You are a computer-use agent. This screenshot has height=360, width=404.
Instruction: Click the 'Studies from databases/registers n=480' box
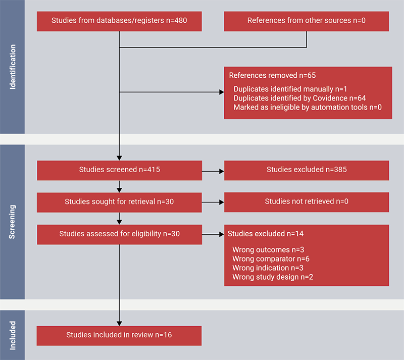(119, 21)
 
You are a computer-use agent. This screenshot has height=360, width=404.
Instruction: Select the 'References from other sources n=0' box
(307, 21)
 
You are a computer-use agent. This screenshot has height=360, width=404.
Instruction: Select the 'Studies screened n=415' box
(119, 170)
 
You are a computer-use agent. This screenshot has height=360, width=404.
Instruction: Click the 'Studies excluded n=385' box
(307, 170)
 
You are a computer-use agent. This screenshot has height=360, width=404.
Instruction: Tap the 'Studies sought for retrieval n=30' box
(119, 201)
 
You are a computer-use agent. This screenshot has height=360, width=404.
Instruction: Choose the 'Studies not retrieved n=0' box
(307, 201)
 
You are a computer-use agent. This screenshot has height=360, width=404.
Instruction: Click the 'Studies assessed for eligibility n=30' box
(119, 234)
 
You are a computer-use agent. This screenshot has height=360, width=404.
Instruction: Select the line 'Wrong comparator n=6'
(271, 259)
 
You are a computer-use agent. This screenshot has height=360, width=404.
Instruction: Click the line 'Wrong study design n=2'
(273, 277)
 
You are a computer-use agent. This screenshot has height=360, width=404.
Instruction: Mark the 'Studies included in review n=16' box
(119, 335)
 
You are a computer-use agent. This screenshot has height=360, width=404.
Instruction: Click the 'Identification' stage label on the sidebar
(13, 67)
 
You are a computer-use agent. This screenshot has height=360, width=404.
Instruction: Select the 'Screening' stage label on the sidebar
(13, 222)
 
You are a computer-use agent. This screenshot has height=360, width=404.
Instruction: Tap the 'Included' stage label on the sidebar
(13, 335)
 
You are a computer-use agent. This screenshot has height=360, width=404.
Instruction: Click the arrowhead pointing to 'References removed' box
(221, 92)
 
